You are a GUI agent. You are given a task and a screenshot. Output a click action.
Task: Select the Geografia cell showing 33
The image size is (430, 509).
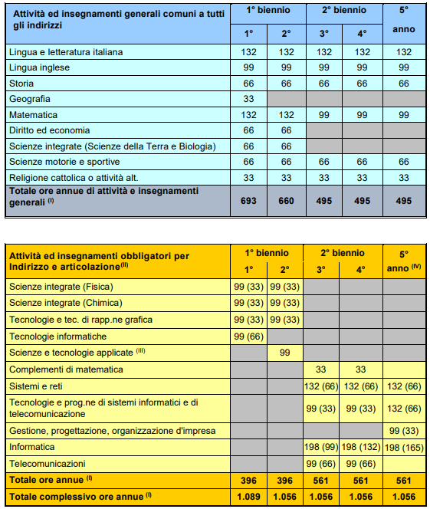248,99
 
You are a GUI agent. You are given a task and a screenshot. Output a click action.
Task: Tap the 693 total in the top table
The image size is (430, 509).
248,200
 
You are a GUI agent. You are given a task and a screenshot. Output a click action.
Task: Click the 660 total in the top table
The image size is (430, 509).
286,200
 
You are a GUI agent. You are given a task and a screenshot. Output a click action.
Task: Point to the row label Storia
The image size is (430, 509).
21,83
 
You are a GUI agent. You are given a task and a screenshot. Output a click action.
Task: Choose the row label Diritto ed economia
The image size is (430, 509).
50,130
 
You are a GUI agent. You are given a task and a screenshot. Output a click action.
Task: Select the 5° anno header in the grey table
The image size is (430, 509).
404,24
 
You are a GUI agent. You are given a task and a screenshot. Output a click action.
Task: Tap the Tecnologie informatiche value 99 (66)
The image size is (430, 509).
248,336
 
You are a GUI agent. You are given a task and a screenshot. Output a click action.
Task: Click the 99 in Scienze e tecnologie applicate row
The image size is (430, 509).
286,352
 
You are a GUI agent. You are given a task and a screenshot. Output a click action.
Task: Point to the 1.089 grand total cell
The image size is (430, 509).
248,495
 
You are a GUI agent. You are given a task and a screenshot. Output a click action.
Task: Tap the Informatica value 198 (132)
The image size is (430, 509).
362,446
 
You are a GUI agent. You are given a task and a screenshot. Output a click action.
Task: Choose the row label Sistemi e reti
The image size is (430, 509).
38,385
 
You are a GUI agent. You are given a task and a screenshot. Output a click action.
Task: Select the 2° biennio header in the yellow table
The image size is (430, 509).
343,252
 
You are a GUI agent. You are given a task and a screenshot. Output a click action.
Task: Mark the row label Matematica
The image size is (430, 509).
31,115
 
